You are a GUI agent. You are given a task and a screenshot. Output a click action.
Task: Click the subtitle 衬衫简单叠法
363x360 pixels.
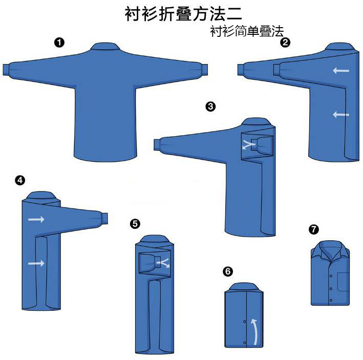(246, 31)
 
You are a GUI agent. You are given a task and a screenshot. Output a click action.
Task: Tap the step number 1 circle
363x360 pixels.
(59, 43)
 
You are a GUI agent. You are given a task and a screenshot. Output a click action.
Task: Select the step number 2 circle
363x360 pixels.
(285, 43)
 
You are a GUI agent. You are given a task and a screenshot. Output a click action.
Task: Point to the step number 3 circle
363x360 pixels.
(210, 107)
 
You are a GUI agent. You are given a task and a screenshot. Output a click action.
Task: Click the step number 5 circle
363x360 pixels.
(135, 223)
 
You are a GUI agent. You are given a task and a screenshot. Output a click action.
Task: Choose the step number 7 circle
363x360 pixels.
(313, 229)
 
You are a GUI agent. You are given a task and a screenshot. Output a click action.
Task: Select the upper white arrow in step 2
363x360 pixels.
(341, 70)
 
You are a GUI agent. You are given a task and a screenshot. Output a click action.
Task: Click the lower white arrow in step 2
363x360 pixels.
(341, 115)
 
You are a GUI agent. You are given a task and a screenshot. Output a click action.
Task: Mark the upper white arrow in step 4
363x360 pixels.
(36, 219)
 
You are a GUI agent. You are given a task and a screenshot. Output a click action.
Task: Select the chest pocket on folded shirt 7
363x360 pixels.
(343, 281)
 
